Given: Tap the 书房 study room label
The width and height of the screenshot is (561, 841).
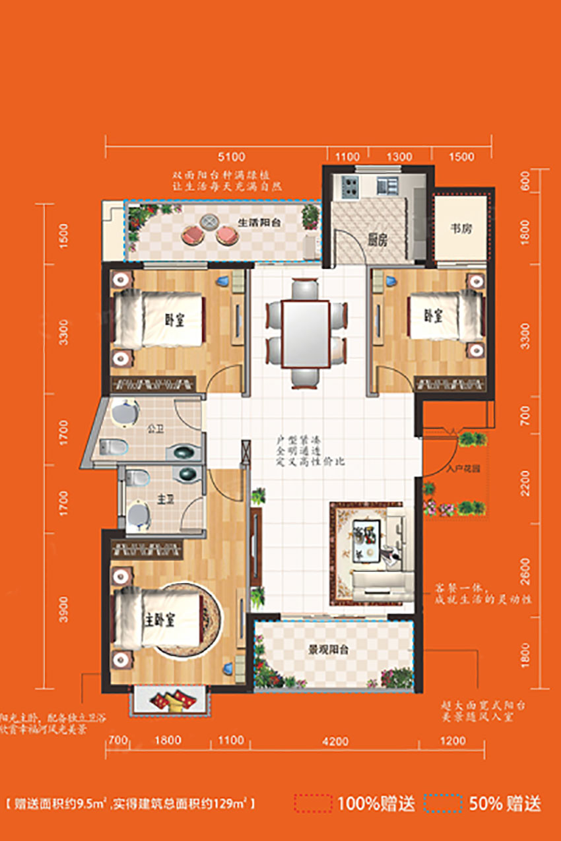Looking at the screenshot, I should [461, 229].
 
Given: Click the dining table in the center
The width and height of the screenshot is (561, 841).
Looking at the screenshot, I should [305, 333].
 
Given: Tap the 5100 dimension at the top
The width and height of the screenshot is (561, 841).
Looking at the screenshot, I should [230, 157].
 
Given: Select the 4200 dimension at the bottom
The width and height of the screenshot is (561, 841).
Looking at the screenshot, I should [335, 741].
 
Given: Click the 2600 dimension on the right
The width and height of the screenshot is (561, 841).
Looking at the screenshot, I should [525, 569].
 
